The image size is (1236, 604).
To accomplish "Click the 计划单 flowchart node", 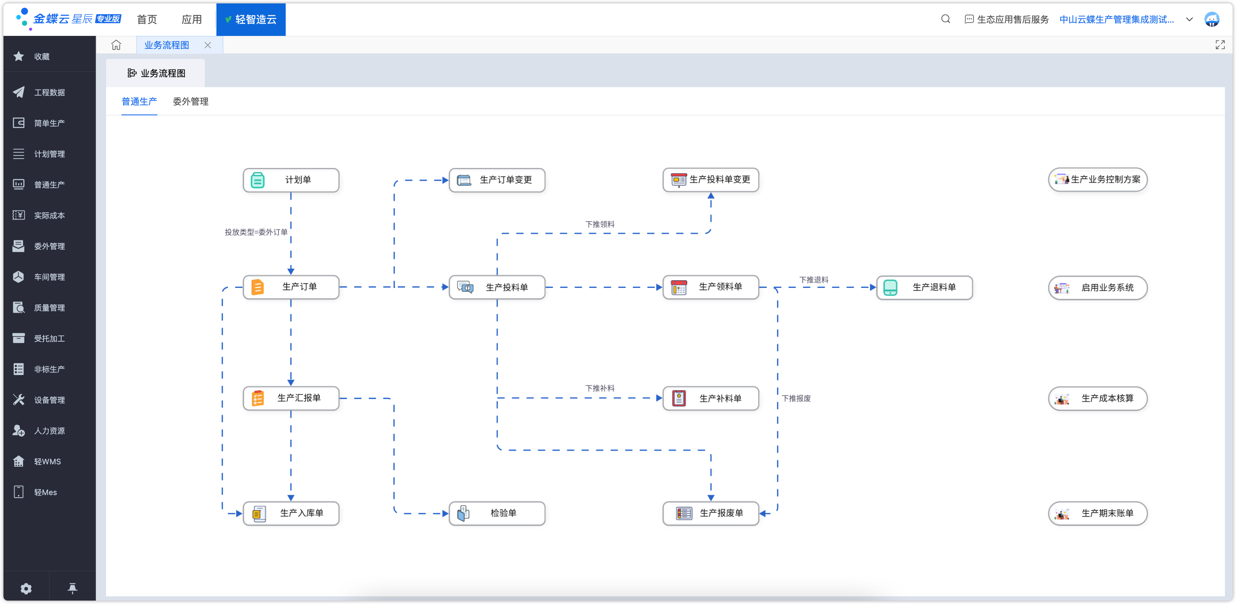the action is click(291, 180).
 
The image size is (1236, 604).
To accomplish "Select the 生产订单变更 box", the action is click(497, 180).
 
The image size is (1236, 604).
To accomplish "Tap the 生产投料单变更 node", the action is click(711, 180).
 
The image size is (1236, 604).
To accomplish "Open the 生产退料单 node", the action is click(924, 287).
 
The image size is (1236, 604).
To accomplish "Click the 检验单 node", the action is click(497, 513).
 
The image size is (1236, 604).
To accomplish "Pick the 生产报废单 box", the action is click(711, 513).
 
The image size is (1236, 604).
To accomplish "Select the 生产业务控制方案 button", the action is click(1098, 180).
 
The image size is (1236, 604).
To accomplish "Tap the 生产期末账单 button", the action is click(1098, 513).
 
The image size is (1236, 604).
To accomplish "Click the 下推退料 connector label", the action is click(814, 280).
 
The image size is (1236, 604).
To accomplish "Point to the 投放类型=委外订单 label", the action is click(256, 232).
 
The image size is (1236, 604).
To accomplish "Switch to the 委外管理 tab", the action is click(190, 102).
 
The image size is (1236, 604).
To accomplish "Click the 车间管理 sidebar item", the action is click(49, 277).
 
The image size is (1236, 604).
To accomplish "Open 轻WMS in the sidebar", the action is click(47, 462).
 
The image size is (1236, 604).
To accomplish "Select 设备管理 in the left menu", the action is click(49, 400).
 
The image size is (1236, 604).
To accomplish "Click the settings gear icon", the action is click(26, 589).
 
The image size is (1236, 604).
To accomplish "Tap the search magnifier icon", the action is click(945, 19).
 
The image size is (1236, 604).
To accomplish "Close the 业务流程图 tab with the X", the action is click(208, 45).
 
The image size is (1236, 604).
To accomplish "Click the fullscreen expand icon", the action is click(1220, 45).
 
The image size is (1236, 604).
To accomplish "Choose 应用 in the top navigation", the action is click(192, 20).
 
